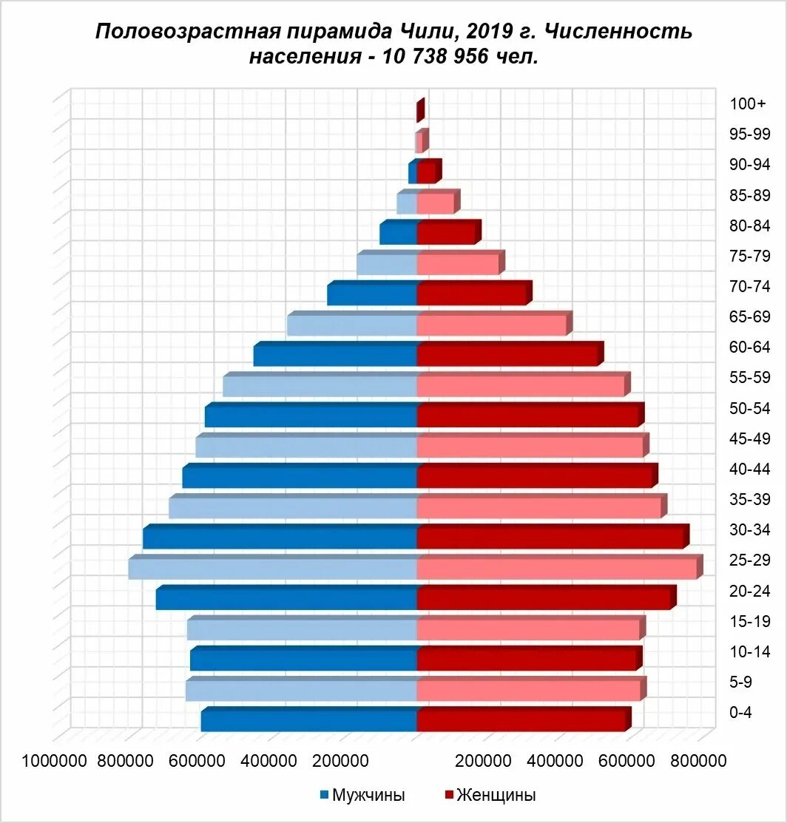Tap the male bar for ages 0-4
[309, 720]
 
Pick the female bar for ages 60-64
[507, 355]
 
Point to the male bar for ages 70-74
[373, 294]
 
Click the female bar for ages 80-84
[447, 233]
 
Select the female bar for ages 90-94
[427, 172]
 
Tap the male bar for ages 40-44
[300, 477]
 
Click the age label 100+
[748, 104]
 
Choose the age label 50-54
[750, 408]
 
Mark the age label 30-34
[750, 530]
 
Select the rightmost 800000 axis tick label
[698, 761]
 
